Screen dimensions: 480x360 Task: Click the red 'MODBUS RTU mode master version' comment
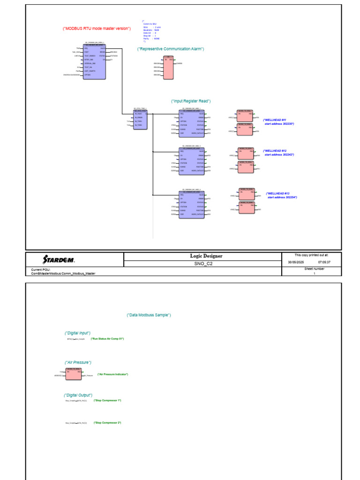click(x=97, y=29)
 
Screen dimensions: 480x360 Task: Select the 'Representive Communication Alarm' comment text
click(x=171, y=49)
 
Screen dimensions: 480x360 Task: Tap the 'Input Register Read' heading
click(x=191, y=101)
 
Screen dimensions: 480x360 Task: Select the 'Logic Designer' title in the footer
click(x=206, y=256)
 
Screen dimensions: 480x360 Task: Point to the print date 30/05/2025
click(x=296, y=262)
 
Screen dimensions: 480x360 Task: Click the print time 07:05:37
click(x=324, y=262)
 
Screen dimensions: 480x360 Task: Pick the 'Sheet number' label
click(x=314, y=269)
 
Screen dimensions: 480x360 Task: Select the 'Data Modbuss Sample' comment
click(x=149, y=315)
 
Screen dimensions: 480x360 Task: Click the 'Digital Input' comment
click(x=78, y=333)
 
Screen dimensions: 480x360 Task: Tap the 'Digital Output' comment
click(x=78, y=395)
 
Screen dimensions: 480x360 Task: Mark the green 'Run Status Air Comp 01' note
click(x=107, y=338)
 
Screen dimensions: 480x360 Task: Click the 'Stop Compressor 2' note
click(x=107, y=423)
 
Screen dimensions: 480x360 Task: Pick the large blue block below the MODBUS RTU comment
click(x=94, y=62)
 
